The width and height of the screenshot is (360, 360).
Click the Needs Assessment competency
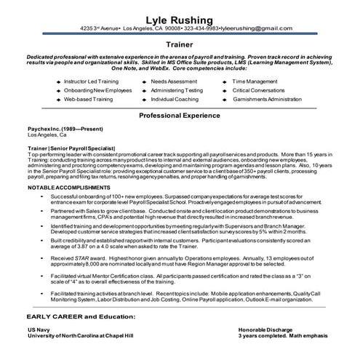coord(173,81)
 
